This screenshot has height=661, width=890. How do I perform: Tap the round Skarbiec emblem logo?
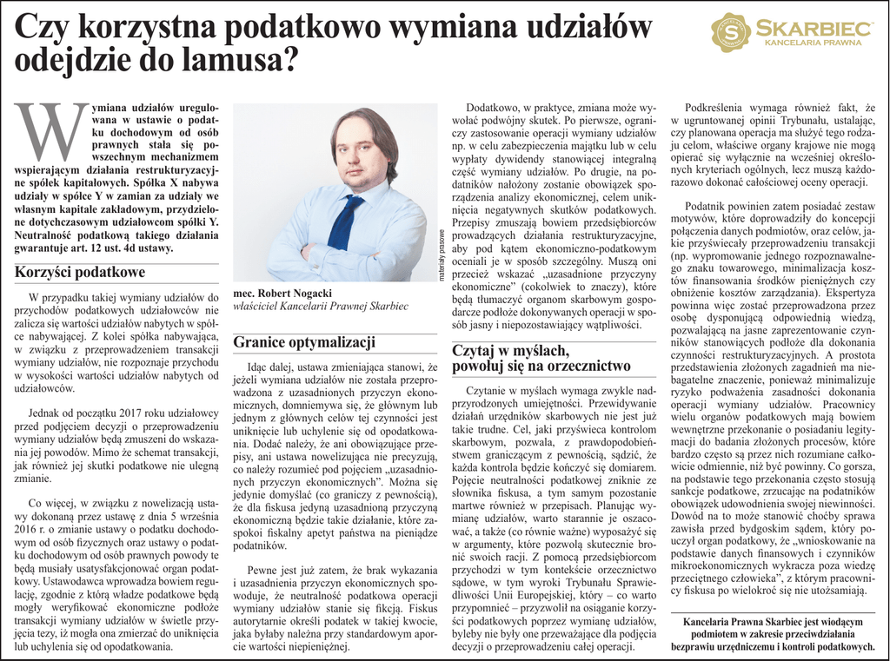730,32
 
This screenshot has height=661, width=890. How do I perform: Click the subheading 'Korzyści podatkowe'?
79,272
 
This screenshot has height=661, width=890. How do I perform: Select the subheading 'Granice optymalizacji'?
303,341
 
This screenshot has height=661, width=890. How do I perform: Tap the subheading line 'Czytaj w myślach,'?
510,350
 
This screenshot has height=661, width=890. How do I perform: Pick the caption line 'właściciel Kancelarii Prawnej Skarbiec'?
321,307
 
